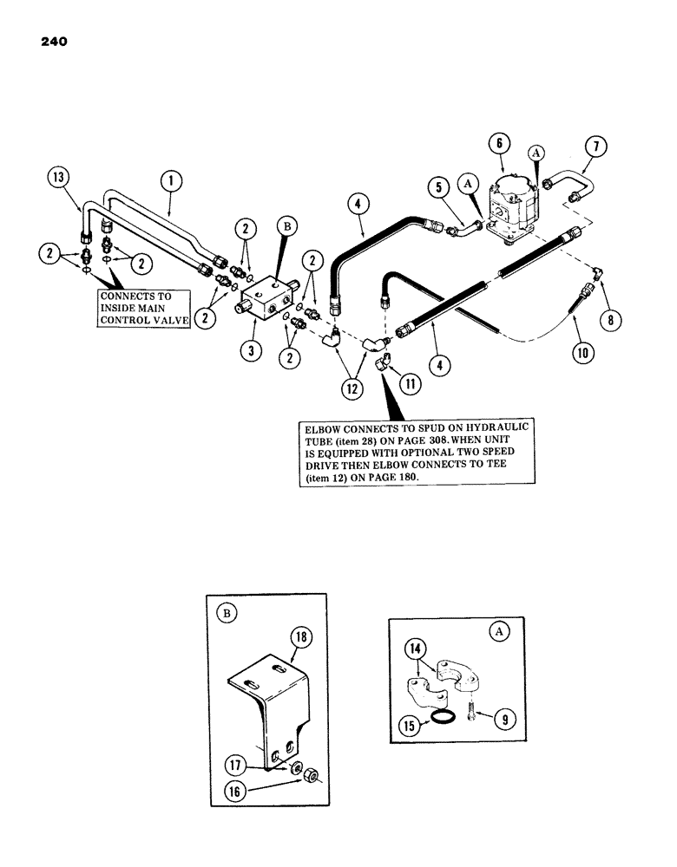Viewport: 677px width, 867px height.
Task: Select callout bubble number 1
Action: point(169,182)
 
